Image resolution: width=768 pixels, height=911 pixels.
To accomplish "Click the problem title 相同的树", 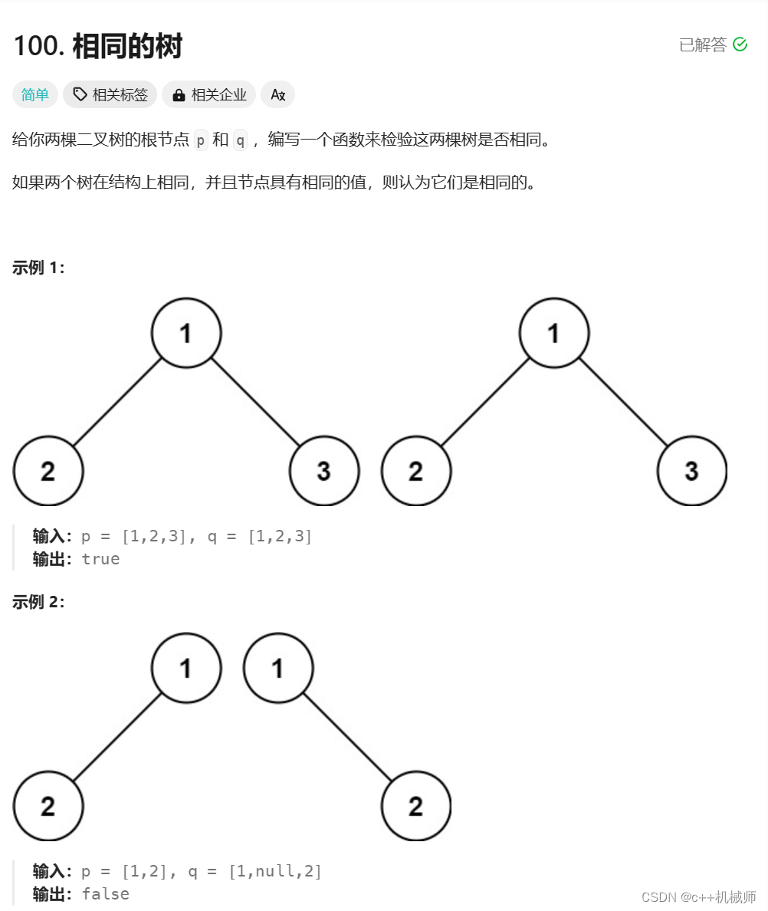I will point(127,48).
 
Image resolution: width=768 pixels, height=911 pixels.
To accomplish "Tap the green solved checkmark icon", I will point(740,44).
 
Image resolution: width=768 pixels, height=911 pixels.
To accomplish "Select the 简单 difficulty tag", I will point(35,95).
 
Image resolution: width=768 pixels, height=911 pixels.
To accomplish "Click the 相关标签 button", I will point(110,95).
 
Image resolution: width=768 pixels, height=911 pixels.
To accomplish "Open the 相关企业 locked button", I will point(208,95).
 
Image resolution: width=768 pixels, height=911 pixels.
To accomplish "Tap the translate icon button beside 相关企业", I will point(277,95).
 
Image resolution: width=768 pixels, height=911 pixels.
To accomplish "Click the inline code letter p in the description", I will point(201,140).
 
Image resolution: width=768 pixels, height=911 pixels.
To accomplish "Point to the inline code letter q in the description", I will point(240,140).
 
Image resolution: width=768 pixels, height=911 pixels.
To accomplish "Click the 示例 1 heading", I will point(38,268).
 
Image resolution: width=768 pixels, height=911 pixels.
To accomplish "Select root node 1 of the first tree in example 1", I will point(186,333).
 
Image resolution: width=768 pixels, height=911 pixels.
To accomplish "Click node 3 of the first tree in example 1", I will point(323,471).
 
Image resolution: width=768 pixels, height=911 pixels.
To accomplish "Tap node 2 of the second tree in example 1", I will point(415,471).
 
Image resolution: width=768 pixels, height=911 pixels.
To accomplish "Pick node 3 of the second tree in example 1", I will point(691,471).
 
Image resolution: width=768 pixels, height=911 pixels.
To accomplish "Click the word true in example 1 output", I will point(100,559).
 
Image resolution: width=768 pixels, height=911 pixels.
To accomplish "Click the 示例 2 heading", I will point(38,602).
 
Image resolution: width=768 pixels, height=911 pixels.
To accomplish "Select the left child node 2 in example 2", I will point(48,806).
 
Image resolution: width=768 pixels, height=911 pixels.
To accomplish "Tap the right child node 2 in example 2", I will point(415,806).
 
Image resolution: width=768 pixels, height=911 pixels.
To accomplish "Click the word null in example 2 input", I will point(274,871).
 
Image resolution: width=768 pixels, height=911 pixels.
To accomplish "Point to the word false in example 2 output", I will point(105,894).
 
